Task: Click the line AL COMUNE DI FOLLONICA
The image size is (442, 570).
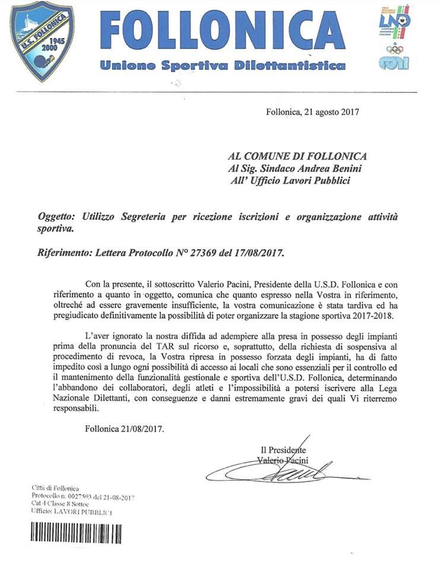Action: (298, 156)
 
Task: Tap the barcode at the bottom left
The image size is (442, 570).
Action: (77, 531)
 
